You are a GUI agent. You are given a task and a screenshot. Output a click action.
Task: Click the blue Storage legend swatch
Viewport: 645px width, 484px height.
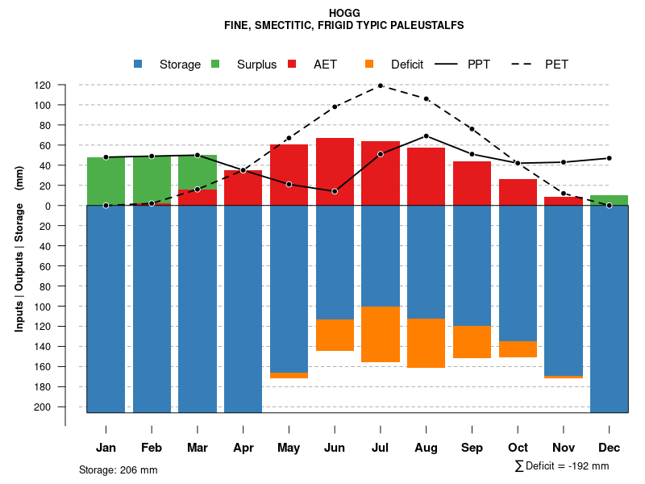tap(138, 64)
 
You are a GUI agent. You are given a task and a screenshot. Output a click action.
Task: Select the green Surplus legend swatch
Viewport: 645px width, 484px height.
tap(215, 64)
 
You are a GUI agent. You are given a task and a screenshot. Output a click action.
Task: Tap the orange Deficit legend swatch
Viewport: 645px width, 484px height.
tap(369, 64)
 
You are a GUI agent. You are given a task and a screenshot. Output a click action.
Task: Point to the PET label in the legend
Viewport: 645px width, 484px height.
tap(556, 65)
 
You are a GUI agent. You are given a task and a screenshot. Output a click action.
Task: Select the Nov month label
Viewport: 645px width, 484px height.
tap(564, 448)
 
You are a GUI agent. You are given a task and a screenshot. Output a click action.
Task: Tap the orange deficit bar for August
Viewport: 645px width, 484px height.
tap(426, 343)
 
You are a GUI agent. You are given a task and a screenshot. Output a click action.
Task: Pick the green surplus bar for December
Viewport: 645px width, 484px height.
tap(609, 200)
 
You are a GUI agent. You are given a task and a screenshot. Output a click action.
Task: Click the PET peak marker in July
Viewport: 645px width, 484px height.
tap(380, 86)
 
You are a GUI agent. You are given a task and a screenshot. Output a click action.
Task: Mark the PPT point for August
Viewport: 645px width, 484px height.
tap(426, 136)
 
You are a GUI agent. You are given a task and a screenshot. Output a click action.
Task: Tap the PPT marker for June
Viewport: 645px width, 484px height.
tap(335, 191)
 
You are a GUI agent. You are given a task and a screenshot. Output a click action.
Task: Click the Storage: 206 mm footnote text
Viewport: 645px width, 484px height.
tap(118, 470)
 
